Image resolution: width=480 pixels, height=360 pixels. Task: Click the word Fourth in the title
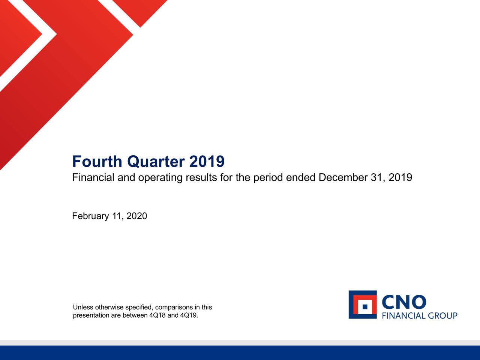coord(97,162)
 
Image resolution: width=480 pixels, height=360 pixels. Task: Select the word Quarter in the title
coord(156,162)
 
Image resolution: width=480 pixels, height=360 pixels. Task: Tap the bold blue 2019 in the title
coord(207,162)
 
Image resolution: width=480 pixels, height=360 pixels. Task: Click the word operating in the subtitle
coord(160,178)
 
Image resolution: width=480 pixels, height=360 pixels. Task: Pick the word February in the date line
coord(90,216)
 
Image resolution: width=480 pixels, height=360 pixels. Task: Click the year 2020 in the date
coord(136,216)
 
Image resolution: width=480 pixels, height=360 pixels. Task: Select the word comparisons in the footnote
coord(174,308)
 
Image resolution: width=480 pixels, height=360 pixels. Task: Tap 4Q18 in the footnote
coord(157,315)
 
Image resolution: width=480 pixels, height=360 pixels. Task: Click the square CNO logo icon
coord(363,304)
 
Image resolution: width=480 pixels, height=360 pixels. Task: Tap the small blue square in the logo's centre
coord(365,307)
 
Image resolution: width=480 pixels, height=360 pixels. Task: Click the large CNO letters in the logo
coord(404,302)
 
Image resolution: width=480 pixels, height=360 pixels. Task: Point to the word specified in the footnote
coord(139,308)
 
